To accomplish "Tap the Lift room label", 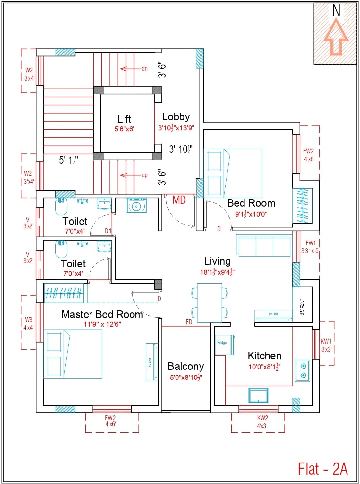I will (124, 119).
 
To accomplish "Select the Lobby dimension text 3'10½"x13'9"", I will (176, 128).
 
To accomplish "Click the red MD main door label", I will (179, 200).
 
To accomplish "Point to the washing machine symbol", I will (137, 206).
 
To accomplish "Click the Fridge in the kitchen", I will (224, 345).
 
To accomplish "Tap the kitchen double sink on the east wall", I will (302, 370).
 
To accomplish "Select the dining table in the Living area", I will (210, 303).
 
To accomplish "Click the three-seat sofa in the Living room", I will (264, 246).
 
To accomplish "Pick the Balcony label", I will (185, 366).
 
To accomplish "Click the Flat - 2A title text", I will (322, 469).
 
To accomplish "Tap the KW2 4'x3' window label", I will (262, 422).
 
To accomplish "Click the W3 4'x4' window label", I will (29, 324).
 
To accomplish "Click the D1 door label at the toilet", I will (108, 231).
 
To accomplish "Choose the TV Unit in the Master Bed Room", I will (151, 362).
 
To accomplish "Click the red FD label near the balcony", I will (189, 322).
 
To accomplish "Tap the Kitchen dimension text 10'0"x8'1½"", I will (264, 367).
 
